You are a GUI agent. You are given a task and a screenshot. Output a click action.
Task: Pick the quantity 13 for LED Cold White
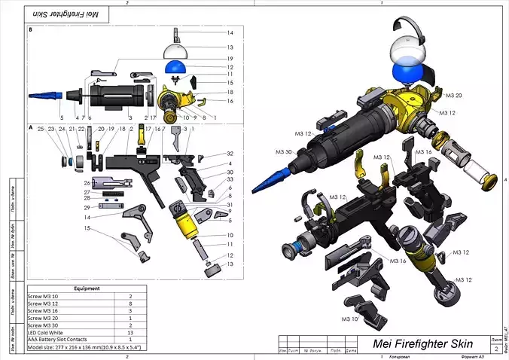pyautogui.click(x=130, y=331)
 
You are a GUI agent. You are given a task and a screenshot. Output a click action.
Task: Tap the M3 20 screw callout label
pyautogui.click(x=453, y=96)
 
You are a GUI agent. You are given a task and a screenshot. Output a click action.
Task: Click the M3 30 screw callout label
pyautogui.click(x=284, y=152)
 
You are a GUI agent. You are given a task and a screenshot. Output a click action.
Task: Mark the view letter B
pyautogui.click(x=30, y=30)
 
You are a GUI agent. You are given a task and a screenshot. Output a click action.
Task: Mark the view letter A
pyautogui.click(x=30, y=128)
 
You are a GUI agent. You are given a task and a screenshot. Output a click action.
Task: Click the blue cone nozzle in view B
pyautogui.click(x=46, y=96)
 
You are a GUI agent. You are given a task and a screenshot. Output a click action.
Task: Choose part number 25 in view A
pyautogui.click(x=41, y=129)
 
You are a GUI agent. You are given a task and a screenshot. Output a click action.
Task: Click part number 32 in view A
pyautogui.click(x=230, y=154)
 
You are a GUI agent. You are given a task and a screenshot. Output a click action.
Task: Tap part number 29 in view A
pyautogui.click(x=87, y=206)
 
